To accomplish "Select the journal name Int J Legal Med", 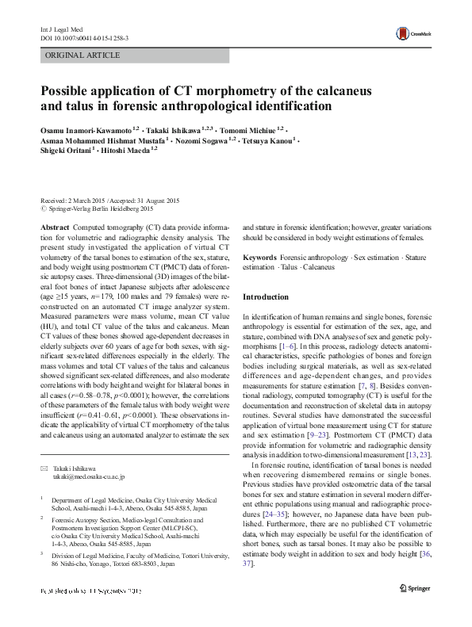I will pos(60,29).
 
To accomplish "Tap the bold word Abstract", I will pos(54,227).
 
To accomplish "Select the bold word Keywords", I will pos(259,258).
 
